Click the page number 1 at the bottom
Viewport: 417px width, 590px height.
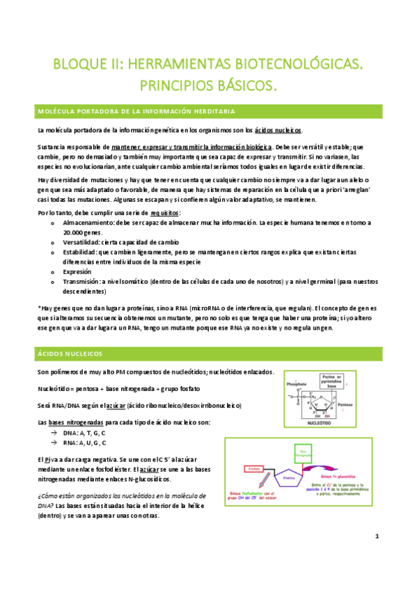376,536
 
